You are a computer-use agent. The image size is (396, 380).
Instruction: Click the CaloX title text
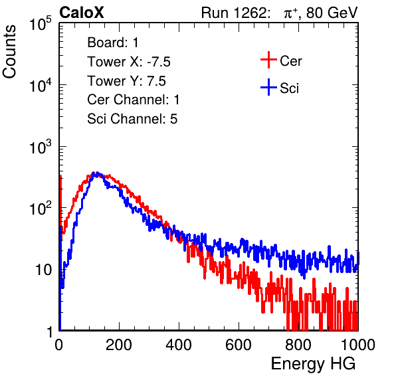[x=81, y=13]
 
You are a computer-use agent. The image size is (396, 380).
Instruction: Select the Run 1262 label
[x=234, y=13]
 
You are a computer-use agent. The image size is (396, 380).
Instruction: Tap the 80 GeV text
[x=332, y=13]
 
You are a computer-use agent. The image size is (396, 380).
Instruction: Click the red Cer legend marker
[x=268, y=60]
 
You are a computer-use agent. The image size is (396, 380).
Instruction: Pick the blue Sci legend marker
[x=268, y=87]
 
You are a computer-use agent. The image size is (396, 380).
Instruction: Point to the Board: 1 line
[x=113, y=43]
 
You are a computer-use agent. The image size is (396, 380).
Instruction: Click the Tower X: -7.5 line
[x=129, y=62]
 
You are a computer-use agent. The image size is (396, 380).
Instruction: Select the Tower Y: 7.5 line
[x=126, y=81]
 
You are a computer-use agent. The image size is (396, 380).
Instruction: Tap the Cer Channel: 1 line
[x=134, y=100]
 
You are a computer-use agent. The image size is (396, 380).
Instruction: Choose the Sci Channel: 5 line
[x=132, y=119]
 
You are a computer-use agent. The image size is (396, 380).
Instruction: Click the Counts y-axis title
[x=9, y=52]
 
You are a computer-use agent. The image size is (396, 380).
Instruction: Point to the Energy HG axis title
[x=313, y=364]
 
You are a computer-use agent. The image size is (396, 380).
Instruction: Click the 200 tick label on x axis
[x=119, y=345]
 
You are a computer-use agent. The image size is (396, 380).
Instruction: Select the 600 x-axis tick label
[x=239, y=345]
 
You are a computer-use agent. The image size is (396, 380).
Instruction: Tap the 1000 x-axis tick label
[x=358, y=345]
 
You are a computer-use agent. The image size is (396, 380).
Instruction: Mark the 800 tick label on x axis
[x=298, y=345]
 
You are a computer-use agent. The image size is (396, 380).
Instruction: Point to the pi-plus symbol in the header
[x=290, y=13]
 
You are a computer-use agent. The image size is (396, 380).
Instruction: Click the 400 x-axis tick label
[x=179, y=345]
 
